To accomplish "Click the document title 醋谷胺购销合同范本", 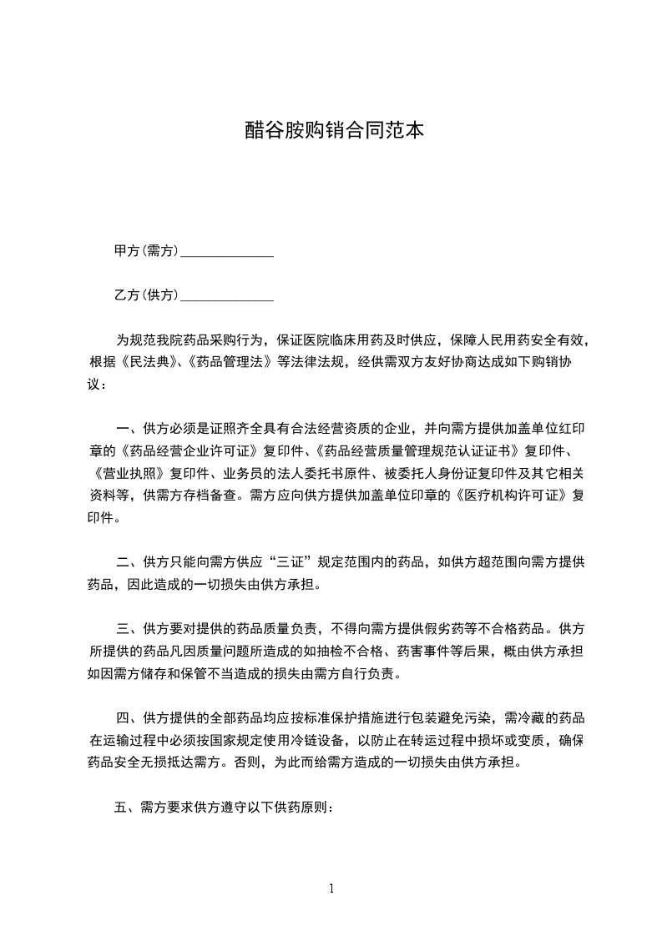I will coord(331,130).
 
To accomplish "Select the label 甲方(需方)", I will coord(146,251).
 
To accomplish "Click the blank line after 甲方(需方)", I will coord(227,253).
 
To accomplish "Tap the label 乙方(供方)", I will coord(146,295).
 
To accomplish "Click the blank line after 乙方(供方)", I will coord(227,297).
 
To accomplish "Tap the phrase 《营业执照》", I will coord(128,474).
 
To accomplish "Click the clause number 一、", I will coord(128,430).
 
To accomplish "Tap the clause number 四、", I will coord(128,718).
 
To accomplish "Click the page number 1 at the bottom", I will coord(331,888).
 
